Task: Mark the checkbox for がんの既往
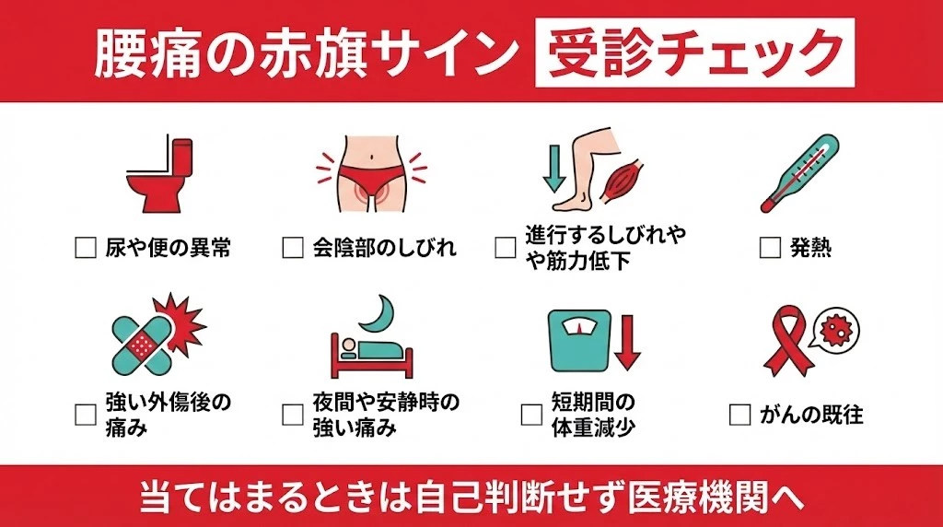click(x=739, y=415)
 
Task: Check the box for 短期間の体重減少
click(x=531, y=415)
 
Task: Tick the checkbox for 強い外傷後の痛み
click(x=86, y=415)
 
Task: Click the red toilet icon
click(x=162, y=175)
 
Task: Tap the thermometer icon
click(x=799, y=173)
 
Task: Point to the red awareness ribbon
click(x=785, y=340)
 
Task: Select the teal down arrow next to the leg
click(x=553, y=170)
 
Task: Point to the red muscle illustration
click(x=626, y=181)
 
